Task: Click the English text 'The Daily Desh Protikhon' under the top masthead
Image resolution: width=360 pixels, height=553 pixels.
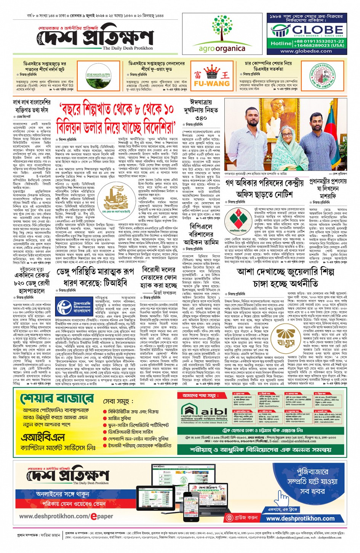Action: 128,48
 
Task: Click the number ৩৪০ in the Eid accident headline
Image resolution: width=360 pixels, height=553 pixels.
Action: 200,118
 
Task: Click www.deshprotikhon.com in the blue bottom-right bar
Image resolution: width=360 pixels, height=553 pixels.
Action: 300,518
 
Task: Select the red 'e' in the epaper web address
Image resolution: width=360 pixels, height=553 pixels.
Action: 93,516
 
